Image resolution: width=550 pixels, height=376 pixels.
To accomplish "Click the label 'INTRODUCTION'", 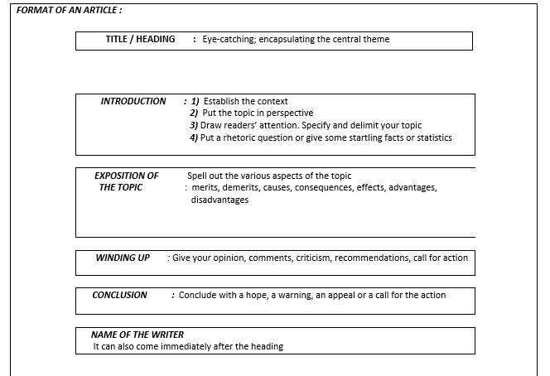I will coord(133,101).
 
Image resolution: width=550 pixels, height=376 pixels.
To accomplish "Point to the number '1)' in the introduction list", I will coord(195,101).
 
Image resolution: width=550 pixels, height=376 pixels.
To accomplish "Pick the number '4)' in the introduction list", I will coord(195,137).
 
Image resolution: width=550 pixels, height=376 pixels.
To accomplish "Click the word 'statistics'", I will coord(433,137).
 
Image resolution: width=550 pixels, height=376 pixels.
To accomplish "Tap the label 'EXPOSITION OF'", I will coord(126,176).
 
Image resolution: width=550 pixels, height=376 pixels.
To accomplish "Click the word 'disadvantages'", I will coord(220,200).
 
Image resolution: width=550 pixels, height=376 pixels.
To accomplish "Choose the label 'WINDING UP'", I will coord(123,258).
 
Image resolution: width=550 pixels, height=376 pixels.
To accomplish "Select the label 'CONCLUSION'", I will coord(119,295).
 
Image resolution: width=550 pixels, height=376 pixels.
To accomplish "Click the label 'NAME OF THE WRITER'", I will coord(137,335).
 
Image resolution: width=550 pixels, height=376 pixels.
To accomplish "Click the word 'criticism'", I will coord(315,258).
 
